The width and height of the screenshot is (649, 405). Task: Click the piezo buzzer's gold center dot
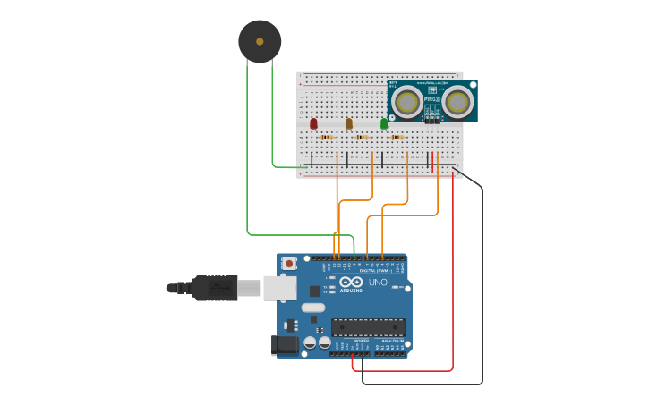[x=260, y=41]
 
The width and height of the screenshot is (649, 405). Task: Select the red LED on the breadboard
[x=313, y=123]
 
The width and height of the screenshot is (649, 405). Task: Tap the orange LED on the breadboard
[x=349, y=123]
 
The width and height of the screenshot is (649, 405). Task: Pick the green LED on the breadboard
[x=384, y=123]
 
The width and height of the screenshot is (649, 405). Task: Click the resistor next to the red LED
[x=327, y=137]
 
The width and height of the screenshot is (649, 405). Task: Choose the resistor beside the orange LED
[x=363, y=137]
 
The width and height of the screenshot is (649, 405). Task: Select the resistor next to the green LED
[x=397, y=137]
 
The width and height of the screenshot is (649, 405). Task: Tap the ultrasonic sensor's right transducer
[x=458, y=102]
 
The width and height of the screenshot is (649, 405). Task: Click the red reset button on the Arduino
[x=289, y=264]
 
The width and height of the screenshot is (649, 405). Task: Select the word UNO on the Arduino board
[x=379, y=283]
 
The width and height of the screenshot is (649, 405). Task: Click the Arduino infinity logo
[x=351, y=283]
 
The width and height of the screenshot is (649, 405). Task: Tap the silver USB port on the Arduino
[x=279, y=287]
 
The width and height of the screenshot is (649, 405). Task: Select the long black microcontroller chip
[x=368, y=327]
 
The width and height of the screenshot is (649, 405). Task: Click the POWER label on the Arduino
[x=361, y=341]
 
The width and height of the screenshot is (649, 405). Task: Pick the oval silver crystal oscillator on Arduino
[x=313, y=308]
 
